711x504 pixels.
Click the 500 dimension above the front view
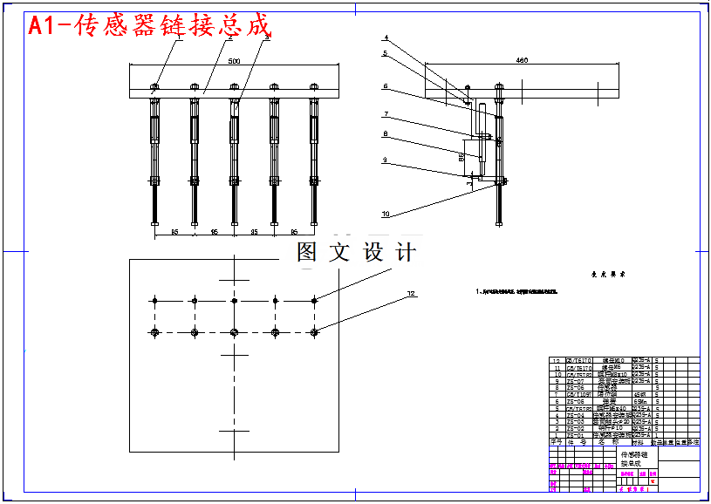[234, 62]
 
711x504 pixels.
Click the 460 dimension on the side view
[522, 60]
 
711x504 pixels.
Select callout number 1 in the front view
[180, 38]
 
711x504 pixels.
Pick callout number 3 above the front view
[267, 38]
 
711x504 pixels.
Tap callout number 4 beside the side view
[385, 38]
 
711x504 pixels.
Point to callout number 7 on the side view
[385, 114]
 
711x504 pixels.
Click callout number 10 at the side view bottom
[385, 214]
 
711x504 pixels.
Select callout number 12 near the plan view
[410, 295]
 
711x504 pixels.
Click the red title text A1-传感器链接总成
[149, 26]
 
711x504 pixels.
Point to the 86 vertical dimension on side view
[461, 158]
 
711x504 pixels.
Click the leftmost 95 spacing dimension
[174, 232]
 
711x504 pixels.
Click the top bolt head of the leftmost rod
[154, 86]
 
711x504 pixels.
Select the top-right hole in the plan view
[314, 300]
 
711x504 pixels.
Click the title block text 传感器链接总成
[634, 459]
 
